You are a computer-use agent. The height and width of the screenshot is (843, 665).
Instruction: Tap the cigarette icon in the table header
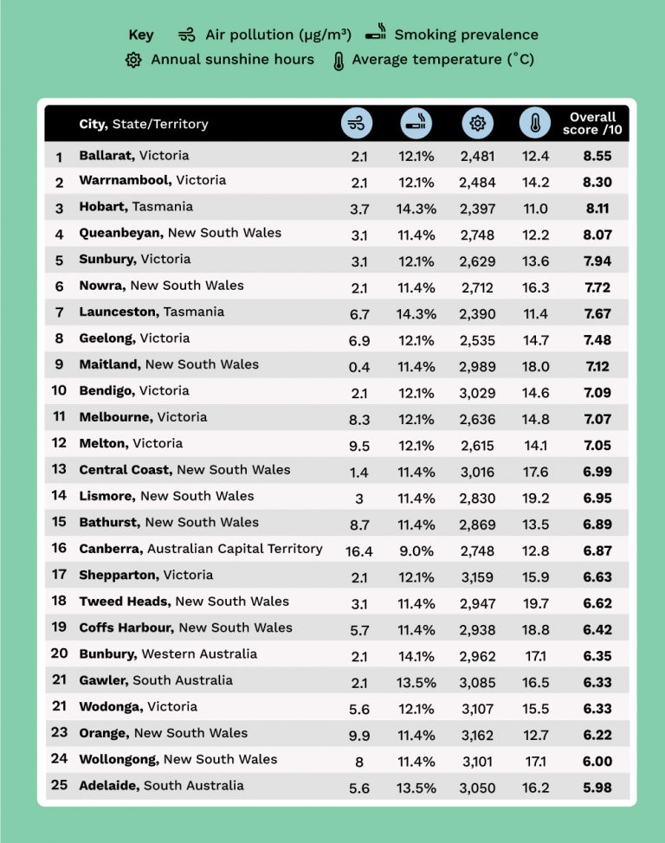click(x=416, y=124)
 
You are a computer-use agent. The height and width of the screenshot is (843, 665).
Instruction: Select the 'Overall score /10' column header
click(x=593, y=124)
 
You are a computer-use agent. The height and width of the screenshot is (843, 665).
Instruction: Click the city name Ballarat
click(x=106, y=156)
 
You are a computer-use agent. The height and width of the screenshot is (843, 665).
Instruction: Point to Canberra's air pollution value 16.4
click(x=359, y=550)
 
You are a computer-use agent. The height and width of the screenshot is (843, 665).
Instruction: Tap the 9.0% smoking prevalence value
click(x=416, y=550)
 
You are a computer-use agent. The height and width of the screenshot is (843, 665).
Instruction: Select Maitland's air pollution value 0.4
click(x=359, y=367)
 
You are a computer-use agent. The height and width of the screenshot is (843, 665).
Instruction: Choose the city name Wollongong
click(x=119, y=759)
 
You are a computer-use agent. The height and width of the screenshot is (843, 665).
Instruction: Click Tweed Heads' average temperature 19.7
click(x=535, y=602)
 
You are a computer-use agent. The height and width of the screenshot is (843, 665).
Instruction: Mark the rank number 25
click(x=59, y=786)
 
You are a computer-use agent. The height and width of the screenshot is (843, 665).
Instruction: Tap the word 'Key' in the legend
click(x=141, y=35)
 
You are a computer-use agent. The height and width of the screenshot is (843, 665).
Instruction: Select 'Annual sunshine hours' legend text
click(x=232, y=60)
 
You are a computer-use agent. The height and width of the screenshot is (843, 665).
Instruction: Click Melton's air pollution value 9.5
click(x=359, y=445)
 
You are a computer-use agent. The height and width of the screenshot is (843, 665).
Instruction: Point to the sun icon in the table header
click(x=476, y=124)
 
